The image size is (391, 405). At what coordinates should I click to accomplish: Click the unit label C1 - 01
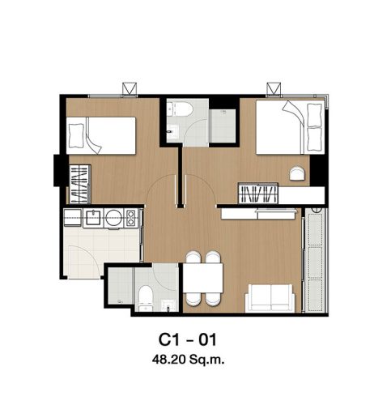click(187, 339)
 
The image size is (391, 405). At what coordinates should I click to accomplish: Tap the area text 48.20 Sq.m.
click(188, 360)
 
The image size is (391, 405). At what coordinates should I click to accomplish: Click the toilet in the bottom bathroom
click(146, 298)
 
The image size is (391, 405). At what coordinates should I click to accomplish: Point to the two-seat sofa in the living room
click(270, 298)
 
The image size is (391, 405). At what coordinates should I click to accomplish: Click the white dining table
click(203, 278)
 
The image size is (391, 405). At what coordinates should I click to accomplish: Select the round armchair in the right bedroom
click(297, 173)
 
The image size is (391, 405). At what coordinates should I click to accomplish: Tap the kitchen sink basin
click(93, 218)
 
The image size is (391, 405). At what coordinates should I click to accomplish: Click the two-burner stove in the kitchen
click(130, 218)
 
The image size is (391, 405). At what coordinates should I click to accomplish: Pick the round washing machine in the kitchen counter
click(113, 218)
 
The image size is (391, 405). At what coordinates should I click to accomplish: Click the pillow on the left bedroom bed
click(76, 135)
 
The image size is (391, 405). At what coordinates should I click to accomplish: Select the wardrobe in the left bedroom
click(79, 184)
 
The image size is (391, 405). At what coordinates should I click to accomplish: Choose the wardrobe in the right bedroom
click(258, 194)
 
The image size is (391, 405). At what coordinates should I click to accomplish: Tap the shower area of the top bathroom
click(223, 126)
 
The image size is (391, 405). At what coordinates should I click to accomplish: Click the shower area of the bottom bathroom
click(121, 286)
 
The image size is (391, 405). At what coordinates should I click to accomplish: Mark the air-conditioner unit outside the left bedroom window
click(130, 88)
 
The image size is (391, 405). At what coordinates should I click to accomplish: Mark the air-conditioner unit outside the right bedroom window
click(274, 88)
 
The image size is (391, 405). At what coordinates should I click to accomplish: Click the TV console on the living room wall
click(258, 214)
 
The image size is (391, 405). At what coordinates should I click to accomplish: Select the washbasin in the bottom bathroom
click(168, 305)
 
